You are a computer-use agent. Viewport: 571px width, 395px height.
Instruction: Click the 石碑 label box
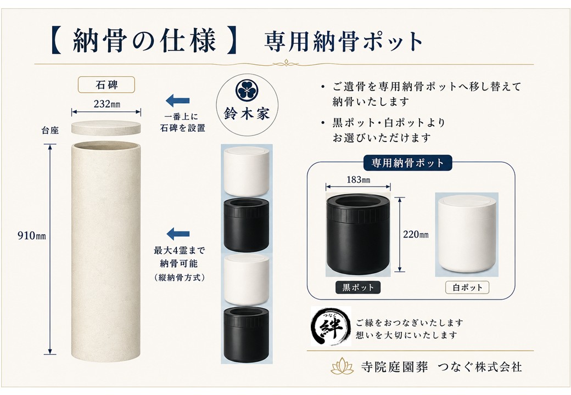coord(107,84)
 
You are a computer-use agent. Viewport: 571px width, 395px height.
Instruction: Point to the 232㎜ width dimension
coord(107,104)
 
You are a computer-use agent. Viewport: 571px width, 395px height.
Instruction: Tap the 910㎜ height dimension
coord(32,236)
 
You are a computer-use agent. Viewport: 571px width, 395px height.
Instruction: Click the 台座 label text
coord(50,131)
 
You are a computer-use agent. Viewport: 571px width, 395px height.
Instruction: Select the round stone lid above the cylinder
coord(106,128)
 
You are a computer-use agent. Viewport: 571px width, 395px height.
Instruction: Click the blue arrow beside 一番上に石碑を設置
coord(178,101)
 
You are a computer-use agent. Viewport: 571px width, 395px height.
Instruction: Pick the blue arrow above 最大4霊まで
coord(178,234)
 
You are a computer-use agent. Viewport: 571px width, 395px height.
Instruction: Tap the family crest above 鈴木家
coord(247,91)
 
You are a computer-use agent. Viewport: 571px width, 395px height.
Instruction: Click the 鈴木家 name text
coord(247,114)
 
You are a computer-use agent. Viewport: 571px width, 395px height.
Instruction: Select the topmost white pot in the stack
coord(247,171)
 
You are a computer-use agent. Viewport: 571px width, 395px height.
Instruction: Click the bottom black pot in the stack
coord(247,335)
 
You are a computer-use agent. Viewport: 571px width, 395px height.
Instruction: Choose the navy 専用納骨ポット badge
coord(408,162)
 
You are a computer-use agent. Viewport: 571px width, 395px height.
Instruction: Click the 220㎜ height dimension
coord(416,235)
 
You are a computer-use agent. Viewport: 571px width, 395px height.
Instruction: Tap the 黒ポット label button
coord(358,287)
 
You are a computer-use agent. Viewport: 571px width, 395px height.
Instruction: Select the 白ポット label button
coord(467,287)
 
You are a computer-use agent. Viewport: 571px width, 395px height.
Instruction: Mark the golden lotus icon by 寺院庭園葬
coord(342,365)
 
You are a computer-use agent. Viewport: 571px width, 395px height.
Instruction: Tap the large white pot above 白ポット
coord(467,235)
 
